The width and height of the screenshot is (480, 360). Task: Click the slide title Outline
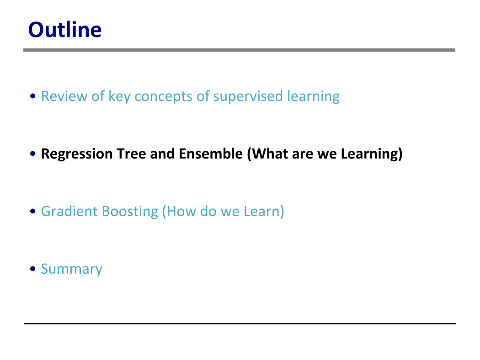click(65, 30)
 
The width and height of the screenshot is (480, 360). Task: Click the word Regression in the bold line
click(77, 154)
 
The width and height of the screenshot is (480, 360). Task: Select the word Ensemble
click(211, 154)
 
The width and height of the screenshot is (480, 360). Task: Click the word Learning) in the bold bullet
click(372, 154)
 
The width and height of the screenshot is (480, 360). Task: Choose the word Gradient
click(69, 212)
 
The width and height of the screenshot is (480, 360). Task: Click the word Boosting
click(130, 212)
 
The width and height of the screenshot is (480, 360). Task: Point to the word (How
click(179, 212)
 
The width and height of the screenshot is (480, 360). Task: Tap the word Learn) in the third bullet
click(264, 212)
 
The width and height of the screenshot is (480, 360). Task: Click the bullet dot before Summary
click(33, 269)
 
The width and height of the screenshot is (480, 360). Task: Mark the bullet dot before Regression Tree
click(33, 154)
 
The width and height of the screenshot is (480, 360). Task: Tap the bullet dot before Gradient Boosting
click(33, 211)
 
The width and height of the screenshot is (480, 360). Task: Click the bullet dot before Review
click(33, 96)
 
